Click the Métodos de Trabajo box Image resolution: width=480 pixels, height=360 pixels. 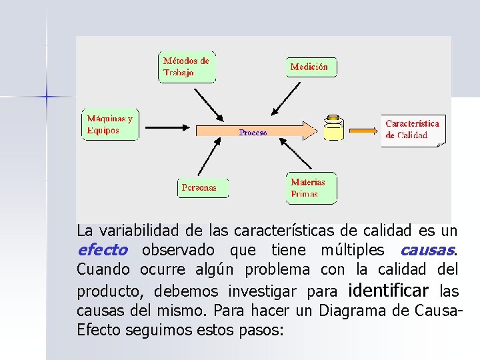click(187, 67)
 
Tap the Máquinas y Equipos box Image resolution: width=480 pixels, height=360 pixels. click(109, 125)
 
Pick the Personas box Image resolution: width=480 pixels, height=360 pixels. click(203, 188)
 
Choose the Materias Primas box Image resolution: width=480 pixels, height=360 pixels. click(311, 188)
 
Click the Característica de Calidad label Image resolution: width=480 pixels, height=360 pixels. click(413, 129)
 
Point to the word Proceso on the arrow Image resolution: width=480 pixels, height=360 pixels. click(253, 133)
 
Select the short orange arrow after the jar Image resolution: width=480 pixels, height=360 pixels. click(365, 131)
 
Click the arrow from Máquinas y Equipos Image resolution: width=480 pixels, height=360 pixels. click(167, 126)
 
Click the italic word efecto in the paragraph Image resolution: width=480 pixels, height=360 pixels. click(102, 251)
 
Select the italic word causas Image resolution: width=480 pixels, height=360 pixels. click(427, 251)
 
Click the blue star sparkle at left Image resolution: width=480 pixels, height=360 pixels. click(47, 97)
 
